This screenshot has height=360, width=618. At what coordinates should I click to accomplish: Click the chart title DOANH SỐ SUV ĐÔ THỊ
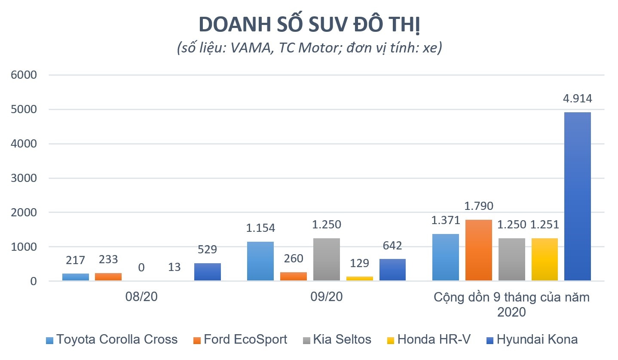pos(309,25)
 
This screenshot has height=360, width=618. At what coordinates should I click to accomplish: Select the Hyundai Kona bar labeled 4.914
pos(577,197)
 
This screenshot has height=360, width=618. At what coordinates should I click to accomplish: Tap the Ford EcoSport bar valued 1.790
pos(478,250)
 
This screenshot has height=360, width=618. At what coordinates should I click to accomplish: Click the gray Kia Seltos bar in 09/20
pos(326,259)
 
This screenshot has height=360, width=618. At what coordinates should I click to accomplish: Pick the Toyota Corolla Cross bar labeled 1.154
pos(260,261)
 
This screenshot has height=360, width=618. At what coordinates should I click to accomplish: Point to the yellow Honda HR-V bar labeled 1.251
pos(545,259)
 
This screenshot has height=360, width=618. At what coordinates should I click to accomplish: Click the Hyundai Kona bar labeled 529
pos(208,272)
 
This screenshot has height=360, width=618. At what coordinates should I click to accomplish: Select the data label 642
pos(392,246)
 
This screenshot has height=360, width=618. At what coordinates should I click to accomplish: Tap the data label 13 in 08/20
pos(174,267)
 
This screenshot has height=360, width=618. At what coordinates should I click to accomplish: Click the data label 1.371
pos(445,221)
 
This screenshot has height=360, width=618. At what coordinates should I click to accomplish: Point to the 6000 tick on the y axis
pos(25,75)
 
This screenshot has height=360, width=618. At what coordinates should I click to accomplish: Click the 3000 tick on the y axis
pos(25,178)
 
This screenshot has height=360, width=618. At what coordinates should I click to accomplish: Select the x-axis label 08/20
pos(142,297)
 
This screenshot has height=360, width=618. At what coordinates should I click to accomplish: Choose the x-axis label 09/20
pos(327,297)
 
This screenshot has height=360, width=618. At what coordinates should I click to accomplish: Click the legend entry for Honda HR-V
pos(434,340)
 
